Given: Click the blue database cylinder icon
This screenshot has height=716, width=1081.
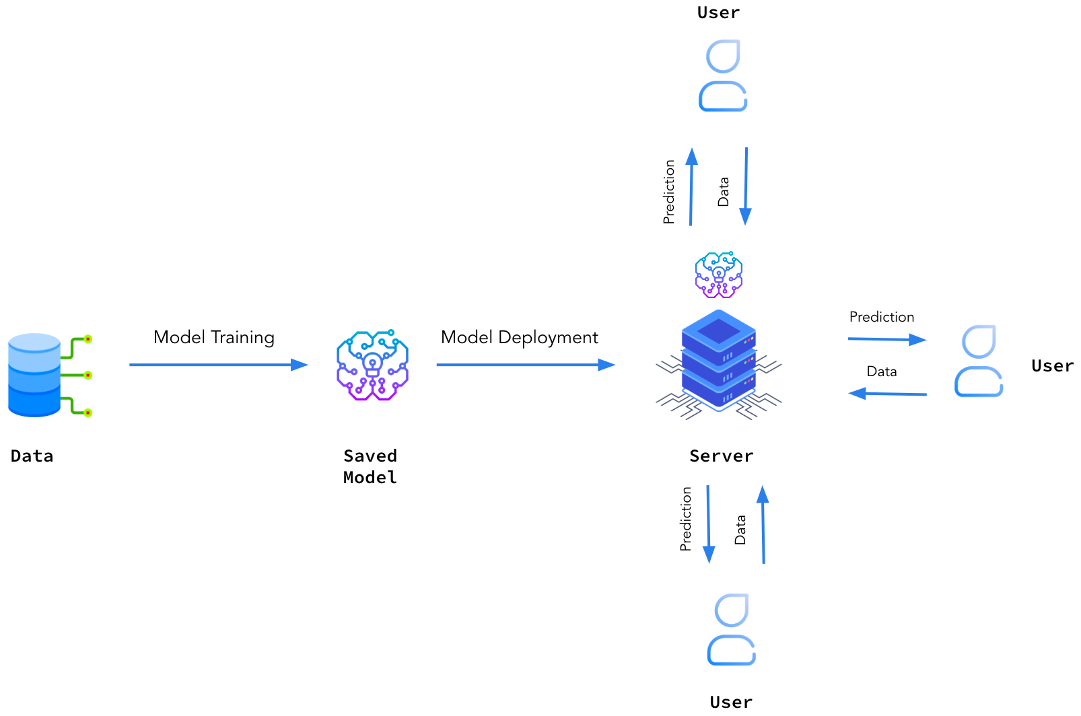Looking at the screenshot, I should [x=35, y=374].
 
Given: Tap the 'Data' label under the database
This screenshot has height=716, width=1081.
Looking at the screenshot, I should [x=32, y=456].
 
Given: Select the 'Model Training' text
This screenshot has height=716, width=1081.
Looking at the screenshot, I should [x=213, y=337].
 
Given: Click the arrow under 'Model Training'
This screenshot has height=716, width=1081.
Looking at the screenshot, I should [x=218, y=365].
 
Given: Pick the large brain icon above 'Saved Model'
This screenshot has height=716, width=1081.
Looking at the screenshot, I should [x=372, y=365].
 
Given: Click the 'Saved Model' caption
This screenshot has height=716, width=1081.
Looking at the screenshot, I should [x=370, y=466].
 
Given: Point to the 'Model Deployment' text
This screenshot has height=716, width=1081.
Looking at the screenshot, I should [x=519, y=337].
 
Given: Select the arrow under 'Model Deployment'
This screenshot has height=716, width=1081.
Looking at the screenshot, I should [x=526, y=365].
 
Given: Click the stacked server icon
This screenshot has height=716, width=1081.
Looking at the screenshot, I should [x=719, y=363].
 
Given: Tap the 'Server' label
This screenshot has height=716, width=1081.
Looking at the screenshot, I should [x=721, y=456].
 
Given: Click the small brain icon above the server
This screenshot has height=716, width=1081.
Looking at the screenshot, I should [x=719, y=275].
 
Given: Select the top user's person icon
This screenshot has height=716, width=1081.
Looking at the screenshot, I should [x=723, y=75].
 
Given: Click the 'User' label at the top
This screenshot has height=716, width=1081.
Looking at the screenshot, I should [x=718, y=13].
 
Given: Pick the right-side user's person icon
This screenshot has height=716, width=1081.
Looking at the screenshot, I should [x=979, y=361].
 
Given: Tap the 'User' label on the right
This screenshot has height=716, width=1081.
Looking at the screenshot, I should [x=1052, y=366].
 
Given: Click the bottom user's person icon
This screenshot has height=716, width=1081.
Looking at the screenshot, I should [x=732, y=629].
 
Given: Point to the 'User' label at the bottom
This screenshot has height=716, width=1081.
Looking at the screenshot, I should [x=731, y=702].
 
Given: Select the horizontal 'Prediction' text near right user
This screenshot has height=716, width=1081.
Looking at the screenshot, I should [x=881, y=317].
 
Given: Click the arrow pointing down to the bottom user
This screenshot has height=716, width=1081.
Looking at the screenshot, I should [x=708, y=524].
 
